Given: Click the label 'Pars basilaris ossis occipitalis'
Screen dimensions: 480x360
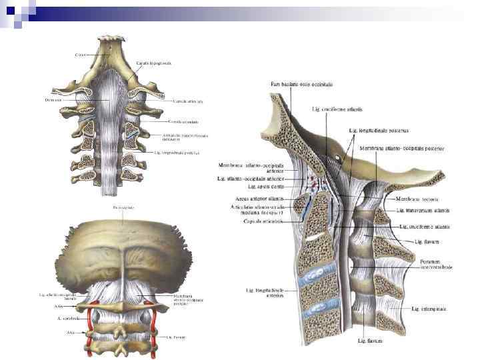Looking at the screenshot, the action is (302, 84).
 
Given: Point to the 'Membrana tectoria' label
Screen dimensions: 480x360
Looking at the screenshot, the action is (415, 199).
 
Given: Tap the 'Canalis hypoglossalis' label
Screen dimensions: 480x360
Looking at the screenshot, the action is (154, 63).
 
